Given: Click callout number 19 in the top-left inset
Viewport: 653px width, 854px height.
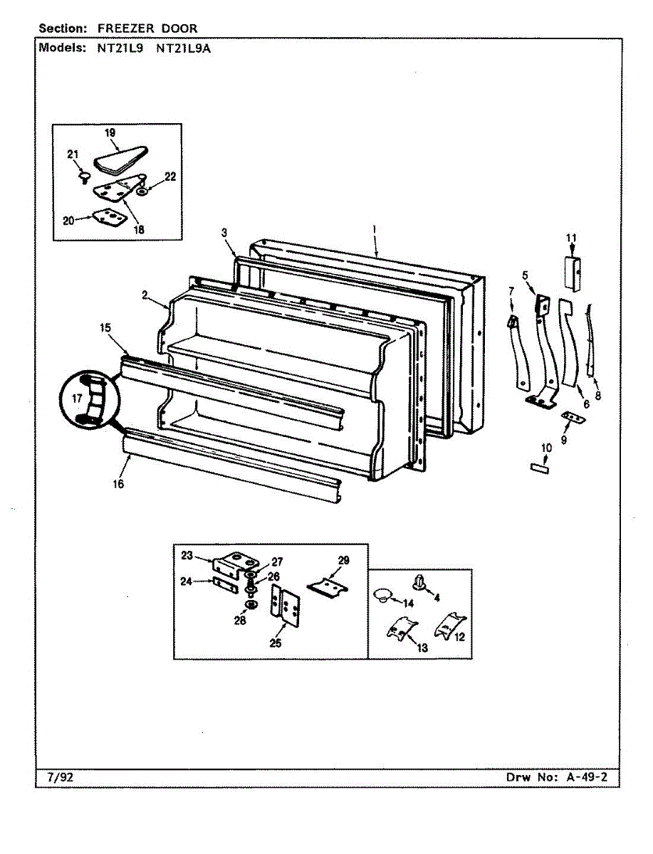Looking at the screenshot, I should point(110,132).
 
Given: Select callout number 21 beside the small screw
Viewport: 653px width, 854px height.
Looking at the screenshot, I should point(72,154).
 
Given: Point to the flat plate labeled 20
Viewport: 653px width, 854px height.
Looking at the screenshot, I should point(106,216).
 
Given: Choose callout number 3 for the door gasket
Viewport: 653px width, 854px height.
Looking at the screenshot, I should point(224,233).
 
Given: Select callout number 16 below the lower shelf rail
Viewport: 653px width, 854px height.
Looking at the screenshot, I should point(117,484).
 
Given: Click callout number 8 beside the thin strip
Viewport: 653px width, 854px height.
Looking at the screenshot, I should point(597,396).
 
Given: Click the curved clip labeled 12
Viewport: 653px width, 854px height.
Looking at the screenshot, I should point(447,624).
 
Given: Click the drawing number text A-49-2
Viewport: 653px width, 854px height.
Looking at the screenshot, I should point(587,777).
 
